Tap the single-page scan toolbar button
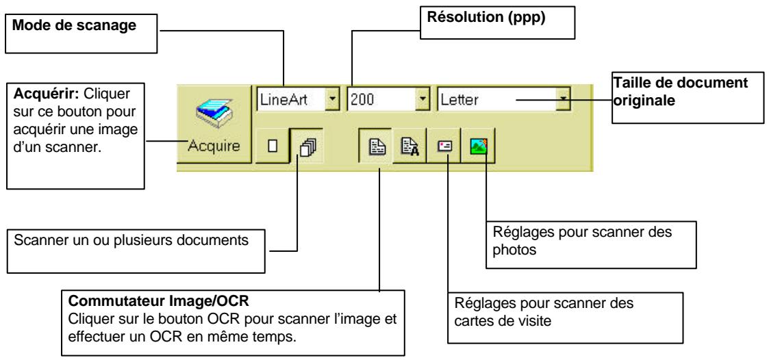[x=272, y=146]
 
